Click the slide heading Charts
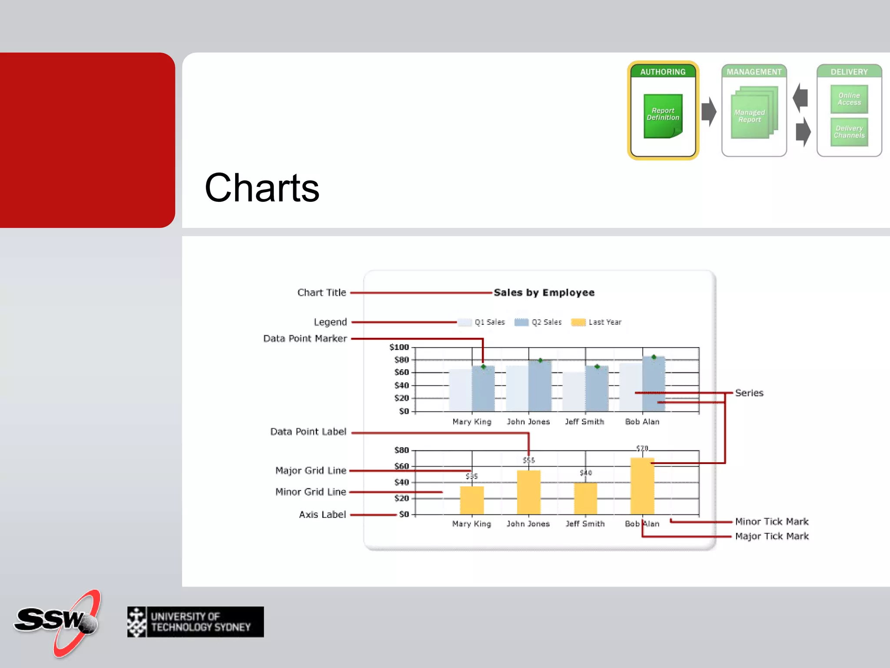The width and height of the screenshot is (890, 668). click(262, 188)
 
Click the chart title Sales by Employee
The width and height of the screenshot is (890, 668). click(544, 293)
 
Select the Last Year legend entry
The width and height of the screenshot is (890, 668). click(597, 322)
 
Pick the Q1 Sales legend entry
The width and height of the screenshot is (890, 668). click(482, 322)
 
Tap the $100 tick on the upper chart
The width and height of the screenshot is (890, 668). click(399, 347)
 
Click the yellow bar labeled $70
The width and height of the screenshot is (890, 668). click(642, 486)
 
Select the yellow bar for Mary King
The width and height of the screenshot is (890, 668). click(472, 500)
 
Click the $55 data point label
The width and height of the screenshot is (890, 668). click(528, 460)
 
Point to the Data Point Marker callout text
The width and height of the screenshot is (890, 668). click(305, 338)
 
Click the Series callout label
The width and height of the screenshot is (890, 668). click(749, 393)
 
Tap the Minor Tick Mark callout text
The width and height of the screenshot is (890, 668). click(771, 521)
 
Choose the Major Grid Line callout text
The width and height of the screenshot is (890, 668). click(311, 471)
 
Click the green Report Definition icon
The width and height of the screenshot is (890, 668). click(663, 116)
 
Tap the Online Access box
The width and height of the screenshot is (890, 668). click(849, 99)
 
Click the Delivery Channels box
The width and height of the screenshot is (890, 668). click(849, 132)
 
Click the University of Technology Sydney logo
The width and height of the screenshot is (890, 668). click(196, 622)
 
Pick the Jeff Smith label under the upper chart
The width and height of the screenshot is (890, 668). click(584, 422)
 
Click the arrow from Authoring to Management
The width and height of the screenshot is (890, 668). click(709, 112)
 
